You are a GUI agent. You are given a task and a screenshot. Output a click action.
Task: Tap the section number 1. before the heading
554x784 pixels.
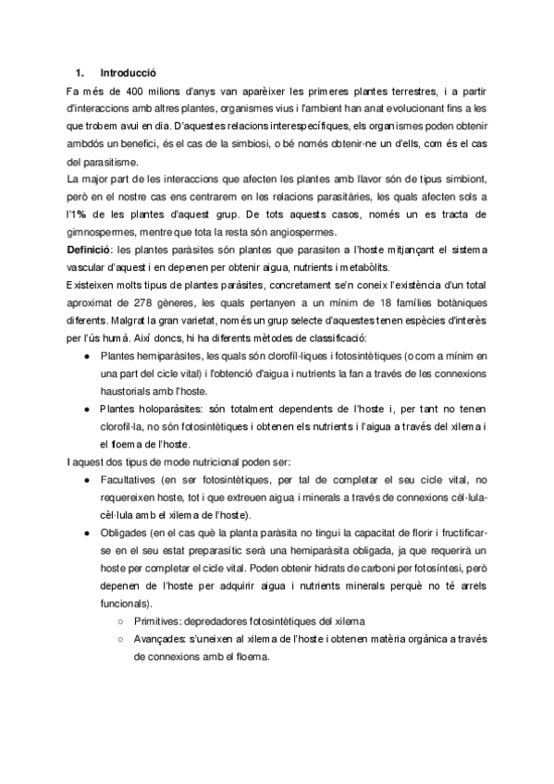coord(80,71)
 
